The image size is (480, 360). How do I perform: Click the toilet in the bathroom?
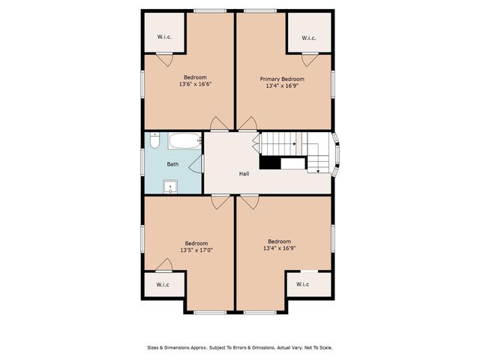(x=154, y=139)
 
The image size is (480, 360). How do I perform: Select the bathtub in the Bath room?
(x=184, y=139)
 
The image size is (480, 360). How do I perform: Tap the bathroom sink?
(x=172, y=186)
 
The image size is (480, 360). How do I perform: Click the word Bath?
(x=172, y=164)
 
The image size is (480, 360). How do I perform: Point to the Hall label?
(x=244, y=174)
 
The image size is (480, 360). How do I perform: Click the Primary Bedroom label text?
(x=282, y=79)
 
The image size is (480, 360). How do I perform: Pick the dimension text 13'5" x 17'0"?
(x=196, y=250)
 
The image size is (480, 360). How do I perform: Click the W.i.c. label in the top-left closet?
(x=165, y=37)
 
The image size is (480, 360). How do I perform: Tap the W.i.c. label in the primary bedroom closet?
(x=308, y=37)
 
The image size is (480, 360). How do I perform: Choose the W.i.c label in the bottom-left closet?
(x=163, y=285)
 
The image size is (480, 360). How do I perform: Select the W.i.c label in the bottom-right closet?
(x=302, y=284)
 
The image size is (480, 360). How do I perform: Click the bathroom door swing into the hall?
(x=197, y=164)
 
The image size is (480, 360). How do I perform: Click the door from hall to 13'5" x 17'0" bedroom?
(x=220, y=201)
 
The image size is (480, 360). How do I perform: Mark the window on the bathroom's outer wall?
(x=143, y=163)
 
